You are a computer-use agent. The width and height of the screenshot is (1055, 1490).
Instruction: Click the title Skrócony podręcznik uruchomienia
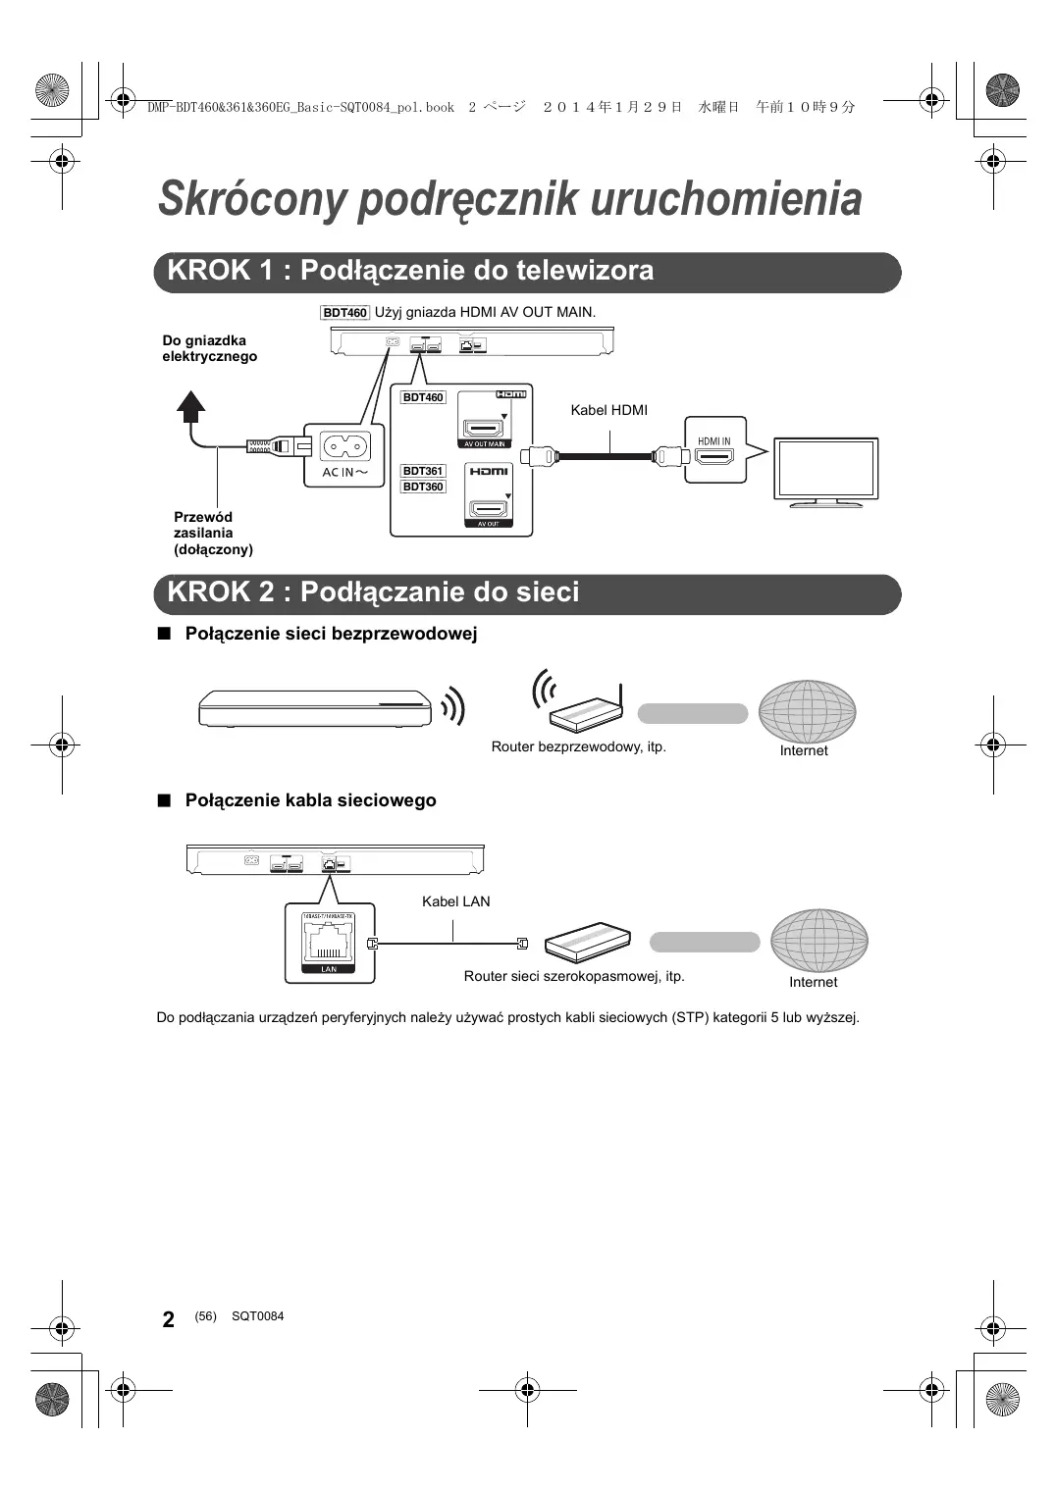click(x=509, y=198)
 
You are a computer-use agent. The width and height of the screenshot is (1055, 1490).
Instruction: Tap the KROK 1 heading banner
click(x=527, y=272)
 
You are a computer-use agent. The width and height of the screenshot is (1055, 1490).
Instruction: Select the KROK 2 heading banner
click(x=527, y=593)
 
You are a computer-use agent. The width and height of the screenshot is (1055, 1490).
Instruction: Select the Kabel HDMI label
click(x=608, y=410)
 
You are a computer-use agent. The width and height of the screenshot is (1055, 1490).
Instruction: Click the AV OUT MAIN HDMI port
click(x=484, y=429)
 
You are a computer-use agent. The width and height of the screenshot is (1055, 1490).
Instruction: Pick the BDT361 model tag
click(x=423, y=471)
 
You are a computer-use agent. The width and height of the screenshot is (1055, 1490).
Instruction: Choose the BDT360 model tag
click(x=423, y=487)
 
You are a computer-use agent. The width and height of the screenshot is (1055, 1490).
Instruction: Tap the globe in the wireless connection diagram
click(x=807, y=710)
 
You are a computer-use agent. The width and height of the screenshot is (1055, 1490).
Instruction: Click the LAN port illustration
click(x=329, y=943)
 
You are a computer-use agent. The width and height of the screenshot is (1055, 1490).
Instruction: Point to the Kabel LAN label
click(x=455, y=901)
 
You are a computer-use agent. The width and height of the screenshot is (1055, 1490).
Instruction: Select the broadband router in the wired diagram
click(x=588, y=941)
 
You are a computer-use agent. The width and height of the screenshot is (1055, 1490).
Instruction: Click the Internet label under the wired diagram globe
click(x=813, y=982)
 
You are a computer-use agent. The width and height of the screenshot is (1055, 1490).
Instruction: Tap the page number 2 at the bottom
click(x=168, y=1319)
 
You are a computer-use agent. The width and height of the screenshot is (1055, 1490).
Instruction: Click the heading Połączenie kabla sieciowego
click(x=310, y=800)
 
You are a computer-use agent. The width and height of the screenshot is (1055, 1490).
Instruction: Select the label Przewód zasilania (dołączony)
click(x=212, y=533)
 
